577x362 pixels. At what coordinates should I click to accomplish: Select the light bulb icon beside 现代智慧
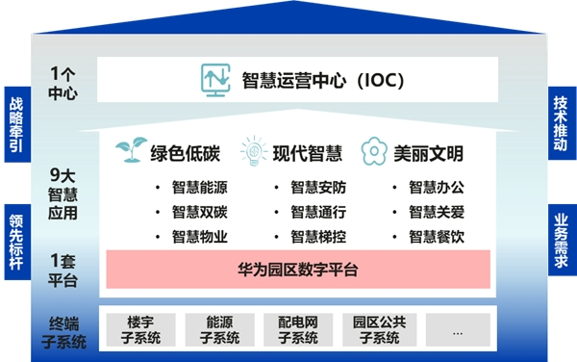pos(253,152)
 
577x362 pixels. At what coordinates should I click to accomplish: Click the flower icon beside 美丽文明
pos(374,152)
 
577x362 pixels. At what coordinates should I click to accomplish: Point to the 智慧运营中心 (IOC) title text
pos(323,79)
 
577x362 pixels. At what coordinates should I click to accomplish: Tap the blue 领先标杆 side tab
pos(14,242)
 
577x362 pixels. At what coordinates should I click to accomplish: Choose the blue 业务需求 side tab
pos(562,242)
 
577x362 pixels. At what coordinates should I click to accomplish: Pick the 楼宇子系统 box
pos(140,329)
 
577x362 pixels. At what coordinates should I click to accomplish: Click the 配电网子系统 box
pos(298,329)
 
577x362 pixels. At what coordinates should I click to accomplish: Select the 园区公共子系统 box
pos(378,329)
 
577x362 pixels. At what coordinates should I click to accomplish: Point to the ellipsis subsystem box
pos(457,329)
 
